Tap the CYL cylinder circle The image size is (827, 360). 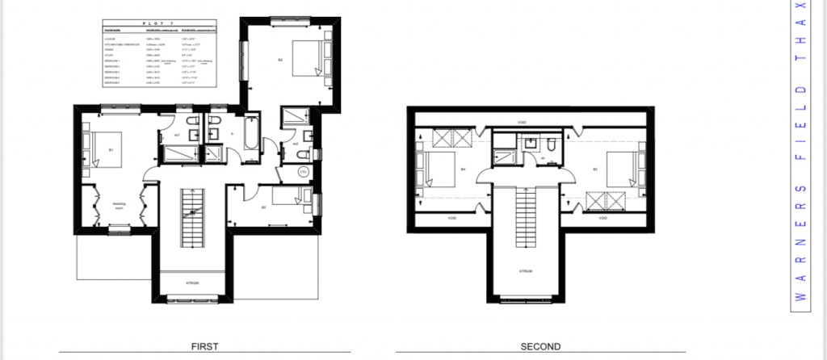coord(303,172)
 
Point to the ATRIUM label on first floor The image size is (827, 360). coord(191,283)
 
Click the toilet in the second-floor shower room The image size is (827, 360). coord(548,145)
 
